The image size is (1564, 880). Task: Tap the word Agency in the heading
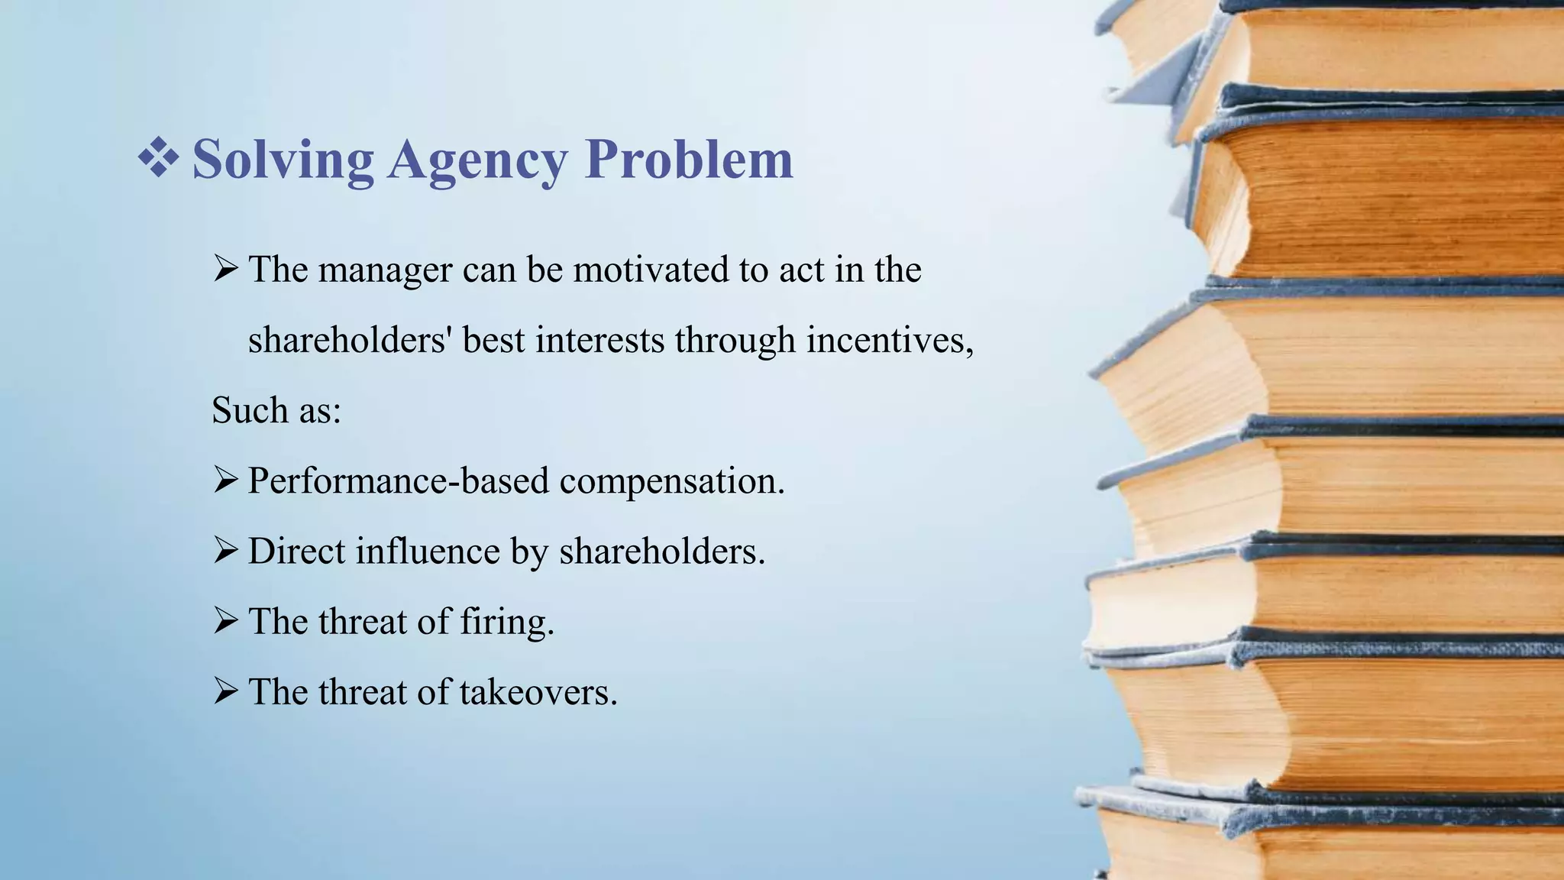tap(477, 160)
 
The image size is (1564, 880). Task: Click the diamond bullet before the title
tap(158, 157)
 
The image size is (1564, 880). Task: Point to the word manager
tap(385, 270)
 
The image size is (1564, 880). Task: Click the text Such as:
tap(276, 410)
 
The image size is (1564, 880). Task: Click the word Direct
tap(296, 551)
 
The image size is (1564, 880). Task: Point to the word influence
tap(428, 551)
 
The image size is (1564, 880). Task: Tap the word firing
tap(506, 622)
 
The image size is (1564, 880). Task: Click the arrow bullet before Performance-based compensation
tap(225, 480)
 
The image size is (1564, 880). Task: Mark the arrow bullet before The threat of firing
tap(225, 621)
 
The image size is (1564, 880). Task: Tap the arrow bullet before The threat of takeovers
tap(225, 691)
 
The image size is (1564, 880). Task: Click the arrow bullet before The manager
tap(225, 269)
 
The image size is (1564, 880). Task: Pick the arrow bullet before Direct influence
tap(225, 551)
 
